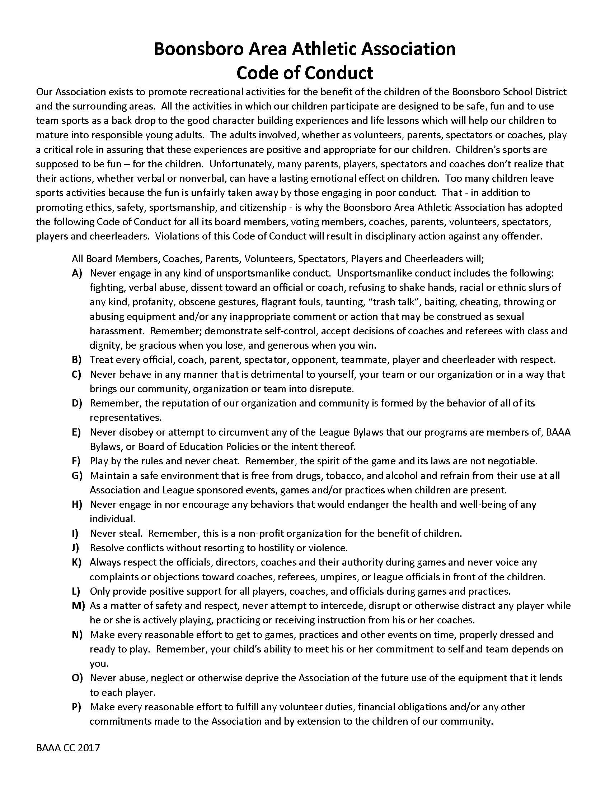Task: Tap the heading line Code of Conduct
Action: tap(305, 73)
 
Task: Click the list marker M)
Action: tap(78, 605)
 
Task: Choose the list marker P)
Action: tap(77, 707)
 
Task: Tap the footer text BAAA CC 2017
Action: tap(67, 748)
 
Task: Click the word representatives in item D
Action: tap(125, 418)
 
